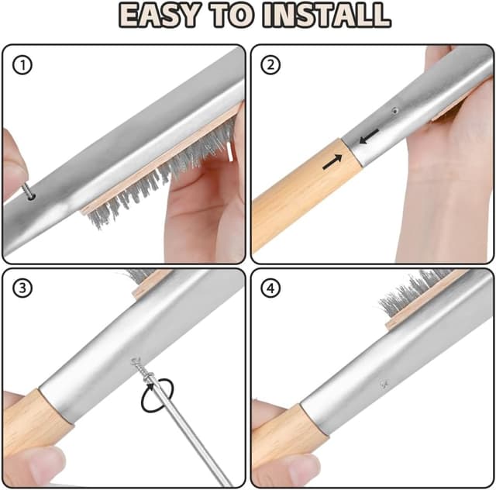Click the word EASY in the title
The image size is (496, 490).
click(x=160, y=16)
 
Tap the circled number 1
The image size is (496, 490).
click(x=22, y=65)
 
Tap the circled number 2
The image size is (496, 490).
click(x=270, y=65)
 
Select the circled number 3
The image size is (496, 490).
click(x=22, y=288)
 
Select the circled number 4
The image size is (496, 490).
click(x=270, y=288)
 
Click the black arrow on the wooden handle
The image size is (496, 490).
click(x=332, y=162)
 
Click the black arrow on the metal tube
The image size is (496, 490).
click(x=369, y=136)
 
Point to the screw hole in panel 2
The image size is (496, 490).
click(x=394, y=111)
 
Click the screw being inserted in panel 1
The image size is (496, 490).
click(x=28, y=192)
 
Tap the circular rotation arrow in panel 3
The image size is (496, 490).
click(x=157, y=395)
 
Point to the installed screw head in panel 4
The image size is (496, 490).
click(x=384, y=385)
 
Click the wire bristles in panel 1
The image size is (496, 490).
click(x=161, y=176)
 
